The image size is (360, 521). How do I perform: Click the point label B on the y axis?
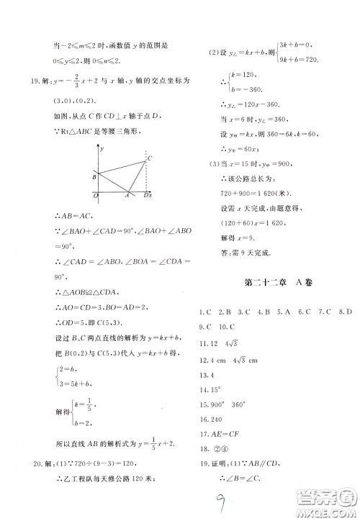(94, 175)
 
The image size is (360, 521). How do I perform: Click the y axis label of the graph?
(104, 148)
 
